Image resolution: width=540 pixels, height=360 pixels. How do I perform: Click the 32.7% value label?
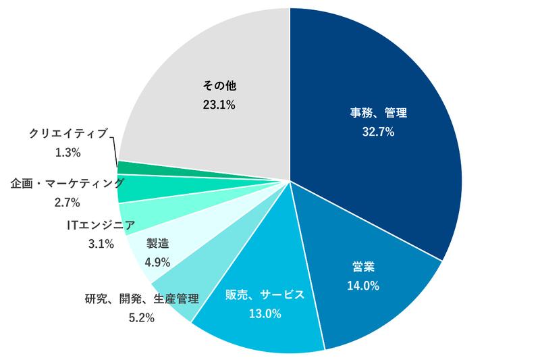(378, 132)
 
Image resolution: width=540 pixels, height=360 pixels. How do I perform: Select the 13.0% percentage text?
(265, 314)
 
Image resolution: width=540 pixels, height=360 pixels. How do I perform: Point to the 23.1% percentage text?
(219, 105)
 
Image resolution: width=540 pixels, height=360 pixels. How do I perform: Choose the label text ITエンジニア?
(101, 225)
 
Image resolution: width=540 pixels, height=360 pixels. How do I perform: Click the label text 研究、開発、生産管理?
(142, 297)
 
